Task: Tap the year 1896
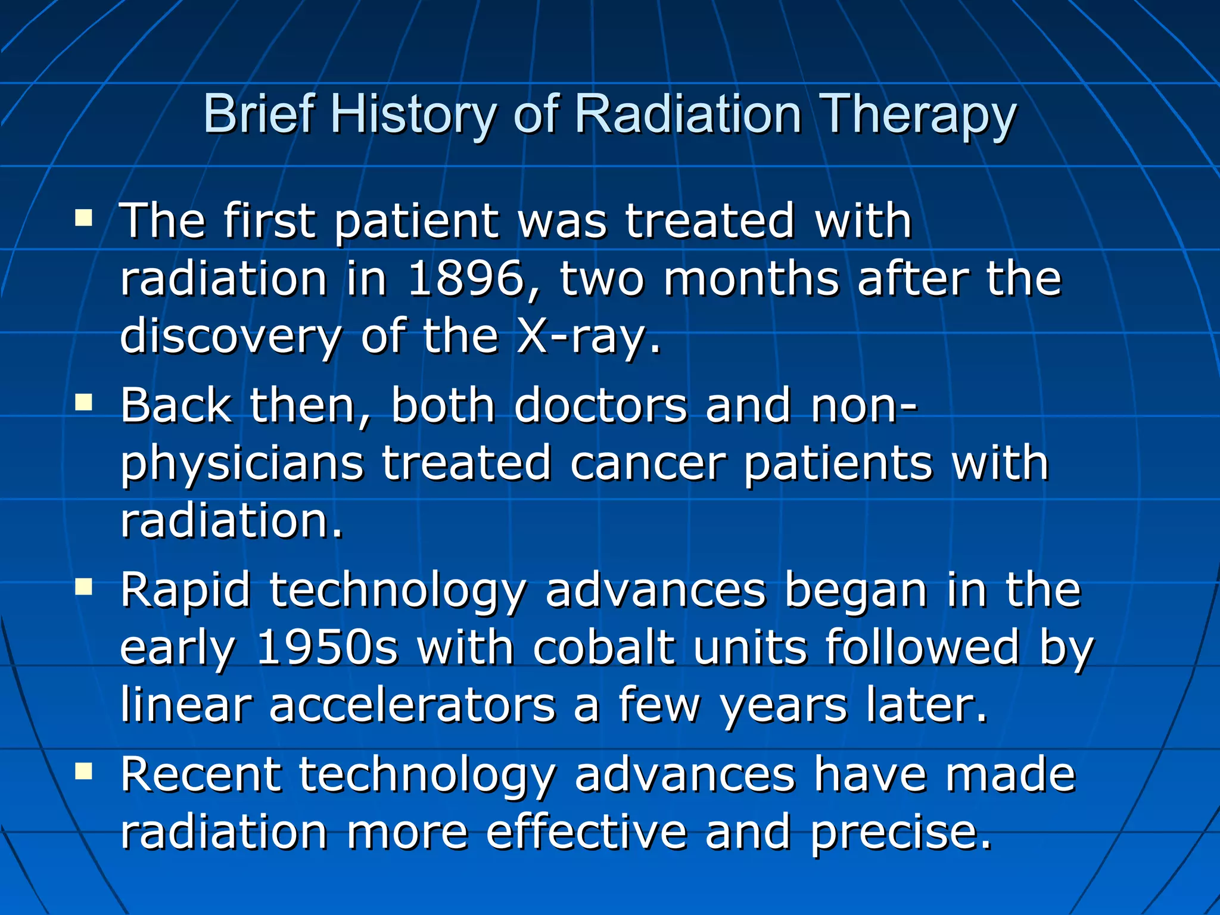pyautogui.click(x=465, y=279)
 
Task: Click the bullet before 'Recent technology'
pyautogui.click(x=84, y=772)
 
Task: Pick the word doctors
pyautogui.click(x=600, y=405)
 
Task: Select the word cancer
pyautogui.click(x=648, y=463)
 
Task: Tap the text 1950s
pyautogui.click(x=326, y=648)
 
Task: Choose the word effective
pyautogui.click(x=586, y=832)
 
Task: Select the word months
pyautogui.click(x=751, y=279)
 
